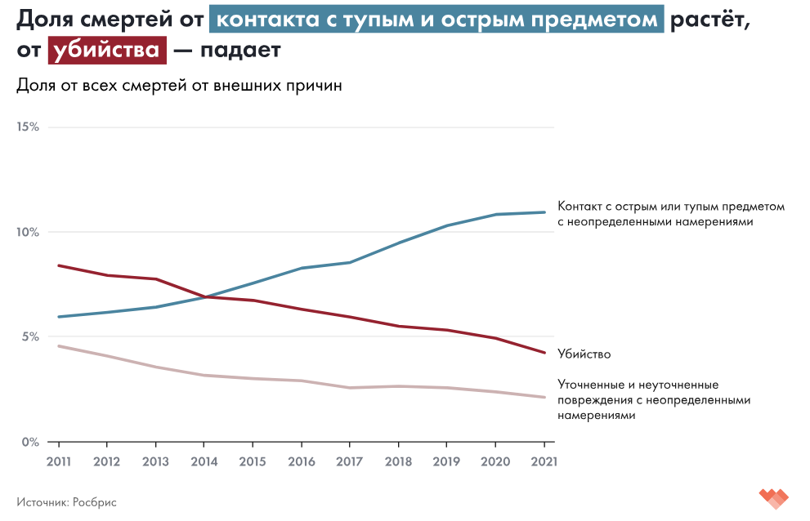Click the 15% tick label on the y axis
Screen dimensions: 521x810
[x=27, y=127]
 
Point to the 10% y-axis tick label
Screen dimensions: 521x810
[x=27, y=232]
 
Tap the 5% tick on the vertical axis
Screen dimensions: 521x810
[x=29, y=336]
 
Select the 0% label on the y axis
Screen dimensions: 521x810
[x=29, y=442]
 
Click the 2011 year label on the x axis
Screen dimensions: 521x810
[x=58, y=461]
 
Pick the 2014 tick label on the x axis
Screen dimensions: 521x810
[x=204, y=461]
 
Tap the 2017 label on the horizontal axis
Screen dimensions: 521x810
[x=349, y=461]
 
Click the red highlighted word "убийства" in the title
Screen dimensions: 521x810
[x=107, y=50]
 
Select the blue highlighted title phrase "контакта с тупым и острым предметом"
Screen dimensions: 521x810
[x=436, y=19]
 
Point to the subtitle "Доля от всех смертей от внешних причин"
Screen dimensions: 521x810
[x=179, y=85]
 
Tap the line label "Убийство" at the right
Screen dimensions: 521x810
[x=584, y=354]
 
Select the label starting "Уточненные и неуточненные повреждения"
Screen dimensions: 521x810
[x=654, y=399]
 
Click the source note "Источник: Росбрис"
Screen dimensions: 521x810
[x=66, y=502]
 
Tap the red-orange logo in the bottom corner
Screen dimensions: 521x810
[x=772, y=497]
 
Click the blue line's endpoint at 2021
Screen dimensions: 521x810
[x=544, y=212]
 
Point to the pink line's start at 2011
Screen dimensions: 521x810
[x=59, y=346]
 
